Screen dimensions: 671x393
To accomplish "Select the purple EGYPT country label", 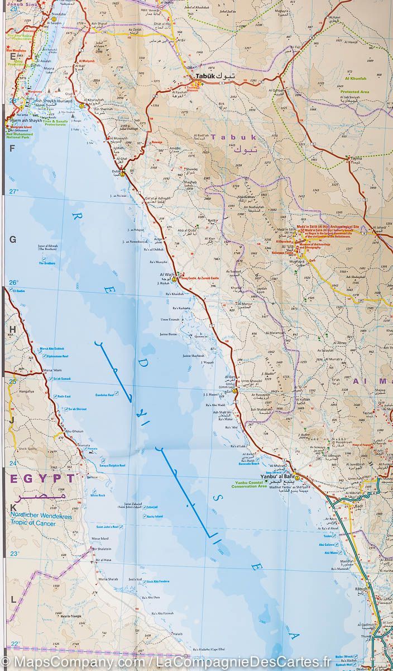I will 42,479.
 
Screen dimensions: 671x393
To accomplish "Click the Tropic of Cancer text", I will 35,523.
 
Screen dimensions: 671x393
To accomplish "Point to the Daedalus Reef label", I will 103,394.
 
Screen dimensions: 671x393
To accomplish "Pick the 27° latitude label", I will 13,192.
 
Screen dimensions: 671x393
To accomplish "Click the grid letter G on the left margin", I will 12,239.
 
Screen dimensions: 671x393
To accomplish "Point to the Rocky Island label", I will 155,516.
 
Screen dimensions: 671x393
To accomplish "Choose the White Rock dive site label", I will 98,495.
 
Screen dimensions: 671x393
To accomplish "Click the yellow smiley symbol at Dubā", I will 122,174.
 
